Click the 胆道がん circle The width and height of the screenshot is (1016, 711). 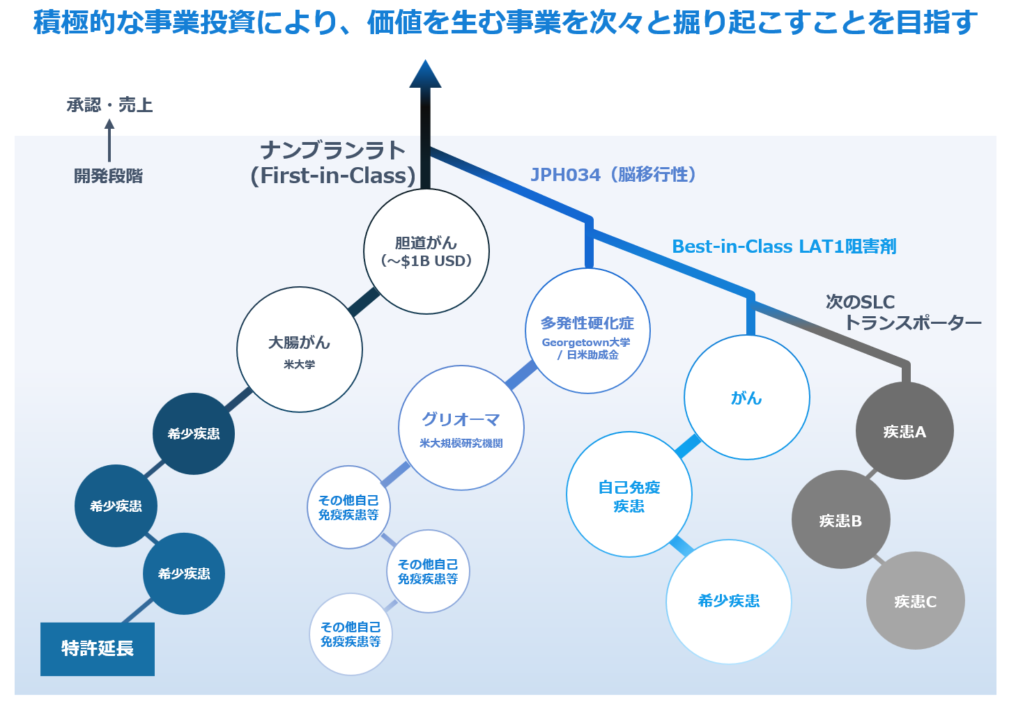point(426,251)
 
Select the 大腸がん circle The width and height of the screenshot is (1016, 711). point(300,350)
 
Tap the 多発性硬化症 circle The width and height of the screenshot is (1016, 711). point(587,331)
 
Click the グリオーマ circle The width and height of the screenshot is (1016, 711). point(461,428)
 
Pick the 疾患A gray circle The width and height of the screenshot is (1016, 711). point(905,431)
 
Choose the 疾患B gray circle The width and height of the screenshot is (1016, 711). point(840,519)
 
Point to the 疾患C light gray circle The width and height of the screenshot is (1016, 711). point(915,600)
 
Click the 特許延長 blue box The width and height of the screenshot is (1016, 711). point(98,649)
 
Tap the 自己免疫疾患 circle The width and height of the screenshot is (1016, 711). point(629,494)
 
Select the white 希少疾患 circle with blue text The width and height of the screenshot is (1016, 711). point(729,601)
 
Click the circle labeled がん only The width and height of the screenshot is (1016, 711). point(746,398)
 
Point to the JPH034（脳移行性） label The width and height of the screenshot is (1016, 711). point(613,175)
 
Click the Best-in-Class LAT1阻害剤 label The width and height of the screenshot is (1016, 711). point(784,247)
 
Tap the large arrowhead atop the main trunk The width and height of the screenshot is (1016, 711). point(425,75)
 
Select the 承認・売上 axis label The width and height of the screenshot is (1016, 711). point(109,105)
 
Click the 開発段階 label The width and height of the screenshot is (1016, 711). point(108,176)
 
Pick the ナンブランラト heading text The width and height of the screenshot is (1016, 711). point(332,150)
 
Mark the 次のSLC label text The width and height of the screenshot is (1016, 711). point(860,302)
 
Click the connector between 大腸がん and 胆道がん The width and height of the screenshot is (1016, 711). point(364,302)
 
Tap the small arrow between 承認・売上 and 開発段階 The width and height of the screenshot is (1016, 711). point(109,140)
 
